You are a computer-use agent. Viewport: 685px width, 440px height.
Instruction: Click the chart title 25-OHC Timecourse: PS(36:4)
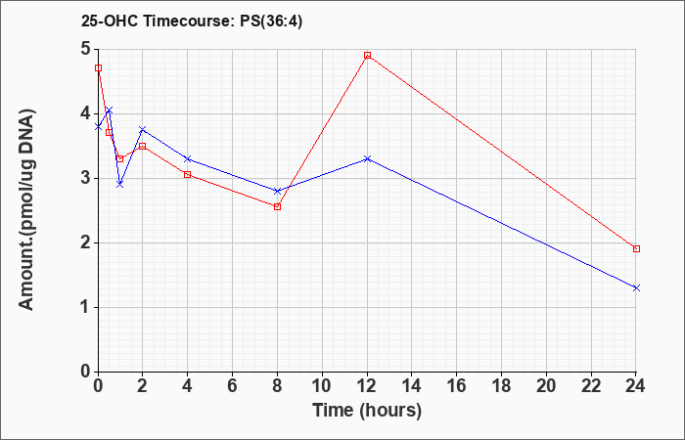click(192, 22)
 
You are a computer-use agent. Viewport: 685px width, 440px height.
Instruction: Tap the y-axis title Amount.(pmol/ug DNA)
click(26, 210)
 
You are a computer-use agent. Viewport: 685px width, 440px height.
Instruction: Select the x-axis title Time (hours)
click(367, 411)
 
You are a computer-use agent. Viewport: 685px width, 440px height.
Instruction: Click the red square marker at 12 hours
click(367, 56)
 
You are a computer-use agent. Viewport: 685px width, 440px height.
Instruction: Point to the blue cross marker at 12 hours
click(367, 158)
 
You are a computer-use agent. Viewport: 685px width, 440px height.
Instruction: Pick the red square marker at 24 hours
click(636, 248)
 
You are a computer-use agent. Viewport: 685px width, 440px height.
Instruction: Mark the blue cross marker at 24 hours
click(636, 288)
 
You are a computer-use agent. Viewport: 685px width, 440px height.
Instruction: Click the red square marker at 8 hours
click(277, 207)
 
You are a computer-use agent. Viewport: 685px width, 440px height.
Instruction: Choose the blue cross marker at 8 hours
click(277, 192)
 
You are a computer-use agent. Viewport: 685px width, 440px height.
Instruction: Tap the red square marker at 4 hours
click(188, 175)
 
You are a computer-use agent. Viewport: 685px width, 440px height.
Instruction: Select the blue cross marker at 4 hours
click(188, 158)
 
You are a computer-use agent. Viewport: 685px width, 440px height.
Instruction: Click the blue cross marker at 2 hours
click(143, 130)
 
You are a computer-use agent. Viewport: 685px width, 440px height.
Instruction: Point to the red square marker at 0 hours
click(98, 68)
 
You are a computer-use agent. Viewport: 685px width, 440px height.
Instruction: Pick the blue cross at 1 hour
click(120, 184)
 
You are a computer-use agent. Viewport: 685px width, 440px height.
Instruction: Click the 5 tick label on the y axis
click(86, 49)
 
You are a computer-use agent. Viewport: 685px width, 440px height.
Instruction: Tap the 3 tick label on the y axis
click(86, 179)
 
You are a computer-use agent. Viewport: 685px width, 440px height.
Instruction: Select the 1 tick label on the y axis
click(86, 307)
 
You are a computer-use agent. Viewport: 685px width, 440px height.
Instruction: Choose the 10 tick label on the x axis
click(322, 386)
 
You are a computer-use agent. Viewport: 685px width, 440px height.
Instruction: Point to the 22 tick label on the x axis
click(591, 386)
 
